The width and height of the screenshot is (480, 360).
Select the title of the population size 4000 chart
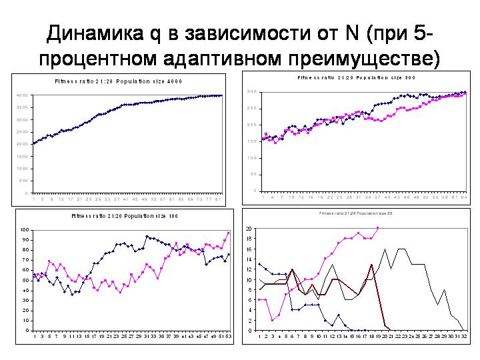click(119, 81)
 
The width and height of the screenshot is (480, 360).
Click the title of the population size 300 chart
click(356, 77)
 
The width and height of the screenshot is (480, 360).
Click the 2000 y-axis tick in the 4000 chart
click(23, 144)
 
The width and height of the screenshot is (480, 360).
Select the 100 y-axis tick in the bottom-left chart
click(25, 230)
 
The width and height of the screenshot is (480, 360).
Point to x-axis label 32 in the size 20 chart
click(463, 337)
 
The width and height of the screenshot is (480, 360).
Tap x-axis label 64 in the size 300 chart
click(463, 197)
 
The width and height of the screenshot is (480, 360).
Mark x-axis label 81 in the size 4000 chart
click(217, 199)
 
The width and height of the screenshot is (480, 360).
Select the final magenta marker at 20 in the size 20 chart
click(378, 228)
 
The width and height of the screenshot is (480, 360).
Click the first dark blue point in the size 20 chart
click(260, 264)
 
